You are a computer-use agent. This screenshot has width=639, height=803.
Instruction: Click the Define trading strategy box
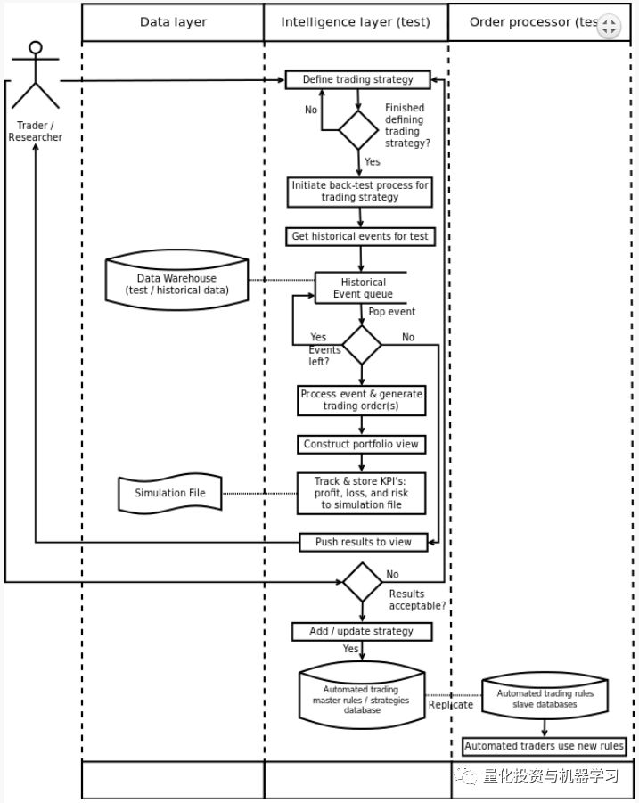[x=357, y=79]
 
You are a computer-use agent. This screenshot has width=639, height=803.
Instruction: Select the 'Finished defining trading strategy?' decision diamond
[x=358, y=130]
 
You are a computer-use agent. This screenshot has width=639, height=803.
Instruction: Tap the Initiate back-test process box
[x=360, y=191]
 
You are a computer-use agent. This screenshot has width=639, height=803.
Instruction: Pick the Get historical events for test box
[x=360, y=236]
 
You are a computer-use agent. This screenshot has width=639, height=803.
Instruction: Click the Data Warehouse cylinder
[x=176, y=283]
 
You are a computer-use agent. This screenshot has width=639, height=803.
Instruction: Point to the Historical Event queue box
[x=362, y=288]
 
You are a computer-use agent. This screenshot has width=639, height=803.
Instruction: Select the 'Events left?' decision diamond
[x=362, y=344]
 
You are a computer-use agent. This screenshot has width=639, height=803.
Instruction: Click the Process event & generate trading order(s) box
[x=361, y=400]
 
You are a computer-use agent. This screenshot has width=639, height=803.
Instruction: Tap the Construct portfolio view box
[x=361, y=444]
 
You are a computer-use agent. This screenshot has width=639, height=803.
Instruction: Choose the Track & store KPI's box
[x=361, y=493]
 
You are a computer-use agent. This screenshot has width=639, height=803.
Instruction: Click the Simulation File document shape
[x=169, y=493]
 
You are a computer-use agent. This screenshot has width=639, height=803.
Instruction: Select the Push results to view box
[x=363, y=541]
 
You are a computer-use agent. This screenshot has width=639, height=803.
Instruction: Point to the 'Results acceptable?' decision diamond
[x=362, y=582]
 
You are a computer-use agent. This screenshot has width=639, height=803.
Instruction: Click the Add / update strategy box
[x=361, y=631]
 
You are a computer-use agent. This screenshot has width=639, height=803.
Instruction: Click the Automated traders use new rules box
[x=544, y=746]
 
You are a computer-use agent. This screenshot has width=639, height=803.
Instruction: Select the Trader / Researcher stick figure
[x=36, y=76]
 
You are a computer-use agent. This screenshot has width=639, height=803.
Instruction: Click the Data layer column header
[x=173, y=22]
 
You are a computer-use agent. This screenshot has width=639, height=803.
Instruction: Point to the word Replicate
[x=451, y=704]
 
